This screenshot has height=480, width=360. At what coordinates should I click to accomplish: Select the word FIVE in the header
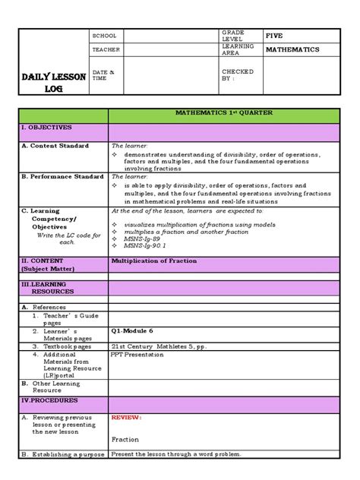point(274,36)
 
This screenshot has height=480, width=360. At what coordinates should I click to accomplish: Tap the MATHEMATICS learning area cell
point(292,50)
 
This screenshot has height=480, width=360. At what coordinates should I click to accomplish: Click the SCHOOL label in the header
point(104,36)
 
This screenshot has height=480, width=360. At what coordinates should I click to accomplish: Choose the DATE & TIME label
point(103,74)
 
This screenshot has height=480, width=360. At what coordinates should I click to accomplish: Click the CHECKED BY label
point(235,74)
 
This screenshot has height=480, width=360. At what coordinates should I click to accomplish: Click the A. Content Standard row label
point(55,145)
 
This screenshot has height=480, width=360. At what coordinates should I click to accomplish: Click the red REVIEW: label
point(126,418)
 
